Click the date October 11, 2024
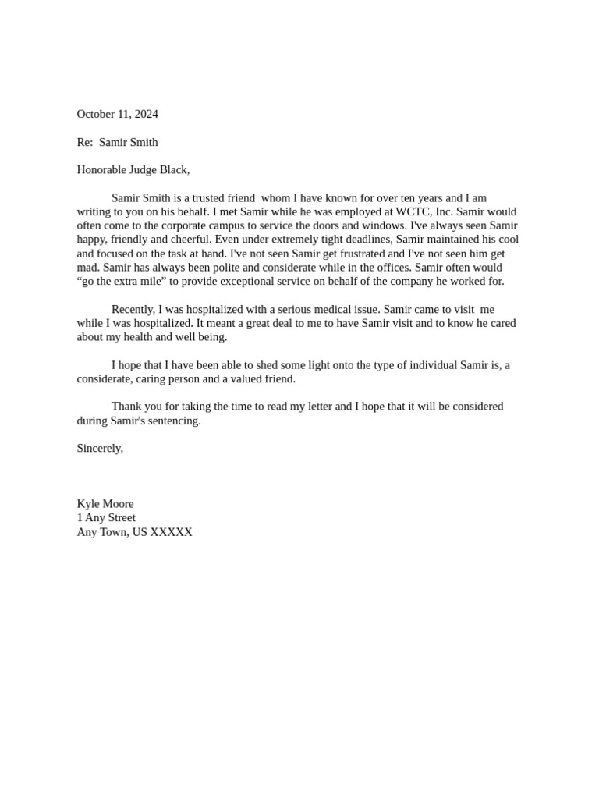point(117,114)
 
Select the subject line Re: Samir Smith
point(117,142)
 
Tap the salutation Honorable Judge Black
point(133,169)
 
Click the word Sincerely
point(100,448)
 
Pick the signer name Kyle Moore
point(105,504)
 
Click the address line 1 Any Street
point(106,517)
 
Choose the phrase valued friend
point(264,378)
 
